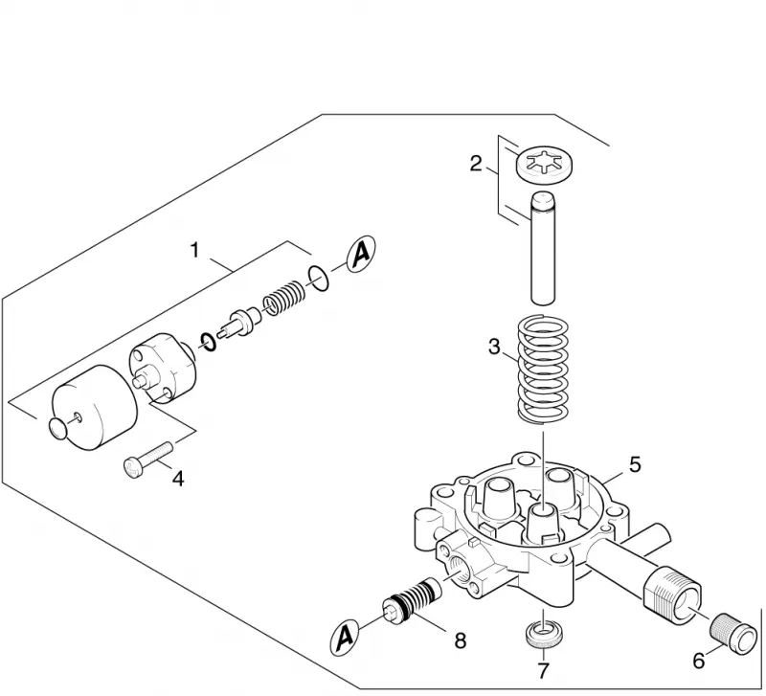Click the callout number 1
point(195,250)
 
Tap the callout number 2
point(476,163)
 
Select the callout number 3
point(494,347)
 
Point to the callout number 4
point(179,479)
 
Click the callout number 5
point(635,464)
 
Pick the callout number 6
point(699,661)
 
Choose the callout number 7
point(543,670)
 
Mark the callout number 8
point(461,640)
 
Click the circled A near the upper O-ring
point(361,254)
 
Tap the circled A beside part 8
point(345,637)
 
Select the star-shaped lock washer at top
point(544,165)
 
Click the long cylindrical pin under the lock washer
point(543,248)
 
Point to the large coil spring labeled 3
point(543,370)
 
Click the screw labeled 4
point(148,460)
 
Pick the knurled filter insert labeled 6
point(732,635)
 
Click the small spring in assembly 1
point(284,299)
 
